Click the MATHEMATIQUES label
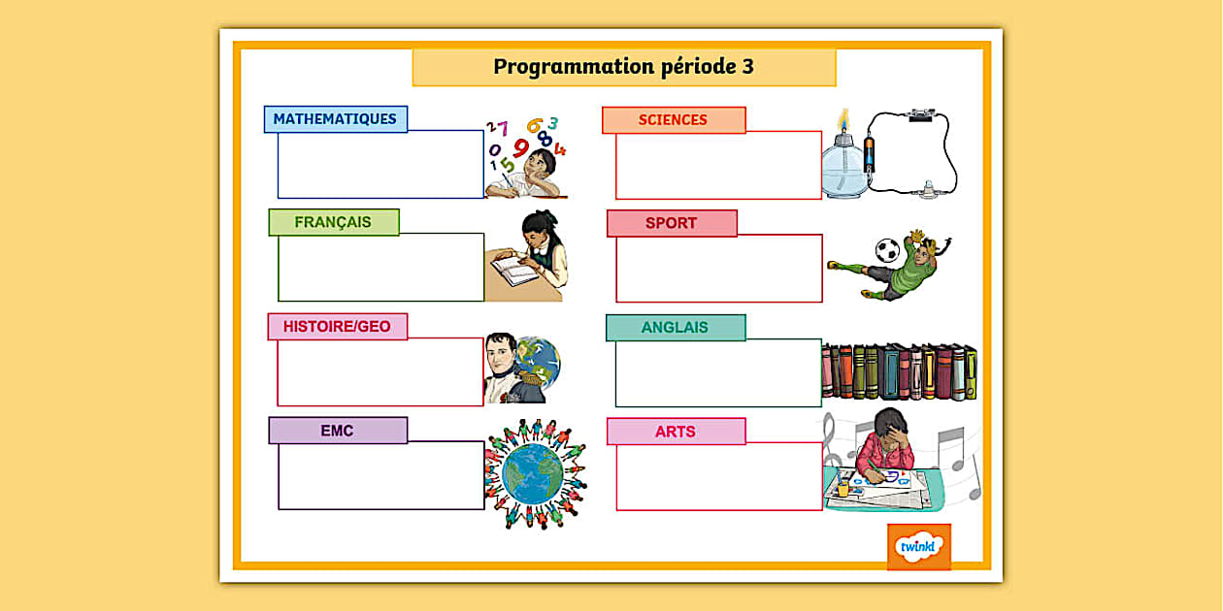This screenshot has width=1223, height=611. (335, 119)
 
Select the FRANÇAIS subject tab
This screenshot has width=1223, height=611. (334, 222)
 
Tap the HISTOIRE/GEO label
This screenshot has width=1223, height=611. (337, 326)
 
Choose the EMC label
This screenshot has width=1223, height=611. (338, 431)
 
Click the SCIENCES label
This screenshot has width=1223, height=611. (674, 120)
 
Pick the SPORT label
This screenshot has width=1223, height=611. (672, 223)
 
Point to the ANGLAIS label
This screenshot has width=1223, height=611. (676, 328)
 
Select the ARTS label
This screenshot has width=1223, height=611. (676, 432)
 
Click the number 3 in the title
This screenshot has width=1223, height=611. (748, 67)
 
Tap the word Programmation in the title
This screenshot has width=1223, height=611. (574, 67)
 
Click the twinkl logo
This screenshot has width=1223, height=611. (919, 547)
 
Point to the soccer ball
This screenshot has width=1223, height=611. (887, 250)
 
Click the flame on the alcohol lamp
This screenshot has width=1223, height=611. (844, 119)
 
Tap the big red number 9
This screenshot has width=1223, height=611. (521, 147)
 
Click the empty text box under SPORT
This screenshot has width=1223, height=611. (719, 269)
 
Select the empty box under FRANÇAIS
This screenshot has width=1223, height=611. (381, 268)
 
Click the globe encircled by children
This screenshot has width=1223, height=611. (532, 474)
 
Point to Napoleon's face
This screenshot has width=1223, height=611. (501, 354)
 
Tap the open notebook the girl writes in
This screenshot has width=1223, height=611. (514, 270)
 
